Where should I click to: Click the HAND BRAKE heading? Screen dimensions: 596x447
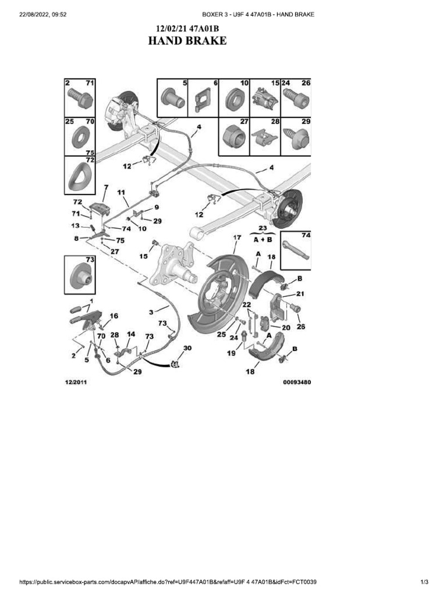[x=187, y=41]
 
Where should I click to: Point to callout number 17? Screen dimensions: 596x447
[x=237, y=238]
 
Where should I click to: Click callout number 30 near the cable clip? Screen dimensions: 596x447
[x=187, y=348]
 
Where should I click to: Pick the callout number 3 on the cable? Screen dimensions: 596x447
[x=151, y=313]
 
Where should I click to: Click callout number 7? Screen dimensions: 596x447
[x=105, y=187]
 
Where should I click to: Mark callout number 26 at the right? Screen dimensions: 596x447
[x=301, y=327]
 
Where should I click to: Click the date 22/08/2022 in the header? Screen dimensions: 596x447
[x=35, y=14]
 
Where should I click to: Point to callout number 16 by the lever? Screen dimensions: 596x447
[x=113, y=316]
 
